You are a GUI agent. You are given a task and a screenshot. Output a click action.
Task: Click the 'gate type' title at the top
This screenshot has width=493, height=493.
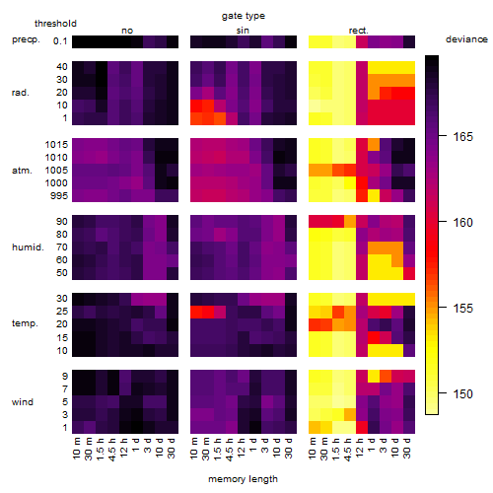tap(244, 16)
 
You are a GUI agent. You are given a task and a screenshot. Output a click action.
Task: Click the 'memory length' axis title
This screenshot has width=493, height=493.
tap(243, 479)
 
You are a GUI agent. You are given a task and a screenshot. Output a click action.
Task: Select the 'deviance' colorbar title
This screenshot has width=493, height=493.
tap(466, 39)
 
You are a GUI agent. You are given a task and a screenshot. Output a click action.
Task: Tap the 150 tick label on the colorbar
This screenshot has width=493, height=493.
tap(463, 393)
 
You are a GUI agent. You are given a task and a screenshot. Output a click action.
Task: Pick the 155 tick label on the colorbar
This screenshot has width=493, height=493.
tap(463, 308)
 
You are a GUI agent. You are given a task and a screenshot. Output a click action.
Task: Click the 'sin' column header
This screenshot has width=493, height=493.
tap(243, 31)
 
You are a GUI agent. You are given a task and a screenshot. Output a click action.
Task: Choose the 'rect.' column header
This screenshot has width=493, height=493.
tap(359, 31)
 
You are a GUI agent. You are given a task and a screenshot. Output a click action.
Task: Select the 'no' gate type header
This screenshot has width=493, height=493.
tap(127, 31)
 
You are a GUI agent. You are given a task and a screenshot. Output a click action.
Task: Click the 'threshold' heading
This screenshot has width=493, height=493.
tap(55, 24)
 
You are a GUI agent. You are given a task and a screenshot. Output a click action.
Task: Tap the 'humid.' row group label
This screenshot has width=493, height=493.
tap(28, 246)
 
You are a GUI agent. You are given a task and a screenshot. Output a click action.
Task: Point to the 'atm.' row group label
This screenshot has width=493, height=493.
tap(22, 171)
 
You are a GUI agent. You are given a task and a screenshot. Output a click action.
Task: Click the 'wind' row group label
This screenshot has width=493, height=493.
tap(23, 401)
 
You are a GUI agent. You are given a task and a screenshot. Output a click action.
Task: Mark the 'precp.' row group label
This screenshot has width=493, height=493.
tap(26, 39)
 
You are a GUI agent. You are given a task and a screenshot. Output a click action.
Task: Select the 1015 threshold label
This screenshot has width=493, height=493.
tap(56, 144)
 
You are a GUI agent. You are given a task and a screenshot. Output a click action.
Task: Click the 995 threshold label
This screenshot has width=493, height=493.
tap(59, 196)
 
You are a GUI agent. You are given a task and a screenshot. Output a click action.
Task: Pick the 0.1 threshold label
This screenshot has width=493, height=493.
tap(60, 41)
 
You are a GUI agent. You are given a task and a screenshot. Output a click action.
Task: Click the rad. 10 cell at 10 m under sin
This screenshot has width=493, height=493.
tap(196, 106)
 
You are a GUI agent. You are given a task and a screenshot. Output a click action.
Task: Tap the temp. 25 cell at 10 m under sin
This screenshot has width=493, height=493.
tap(196, 312)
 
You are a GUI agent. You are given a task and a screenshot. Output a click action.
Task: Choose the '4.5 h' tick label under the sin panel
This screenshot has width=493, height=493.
tap(230, 450)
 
